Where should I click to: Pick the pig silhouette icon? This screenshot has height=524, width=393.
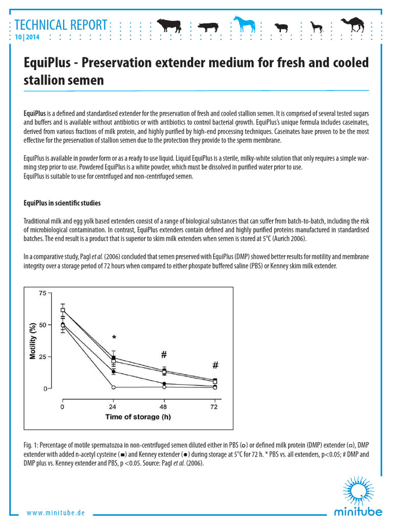(207, 26)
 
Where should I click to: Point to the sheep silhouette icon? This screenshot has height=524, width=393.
(281, 27)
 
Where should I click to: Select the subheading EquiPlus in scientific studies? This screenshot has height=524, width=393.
(62, 203)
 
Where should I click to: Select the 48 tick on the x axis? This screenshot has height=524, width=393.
(164, 407)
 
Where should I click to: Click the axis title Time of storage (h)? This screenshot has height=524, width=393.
(138, 417)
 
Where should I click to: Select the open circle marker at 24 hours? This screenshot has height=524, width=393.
(114, 387)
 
